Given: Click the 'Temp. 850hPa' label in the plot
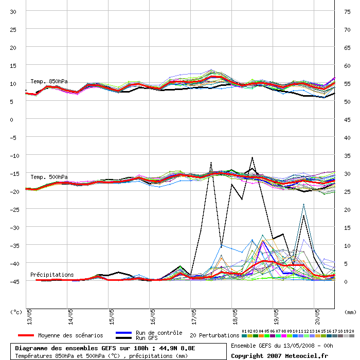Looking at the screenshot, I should [x=49, y=81].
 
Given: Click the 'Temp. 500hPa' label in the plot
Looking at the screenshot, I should [x=49, y=177].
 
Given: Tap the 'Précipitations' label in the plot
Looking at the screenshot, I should [x=52, y=275].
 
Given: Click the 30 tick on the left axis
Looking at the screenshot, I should [x=13, y=11].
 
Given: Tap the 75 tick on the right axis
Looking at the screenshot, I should [x=347, y=11].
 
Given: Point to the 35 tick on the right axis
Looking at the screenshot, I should [x=347, y=155].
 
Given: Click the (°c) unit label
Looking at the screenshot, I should [x=16, y=312].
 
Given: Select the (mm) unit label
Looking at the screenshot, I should [x=350, y=312].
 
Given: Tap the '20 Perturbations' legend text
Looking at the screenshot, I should [x=214, y=335].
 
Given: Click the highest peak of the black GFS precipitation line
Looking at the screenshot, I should [x=252, y=157].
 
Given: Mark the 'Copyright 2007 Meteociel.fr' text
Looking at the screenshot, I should [x=279, y=355].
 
